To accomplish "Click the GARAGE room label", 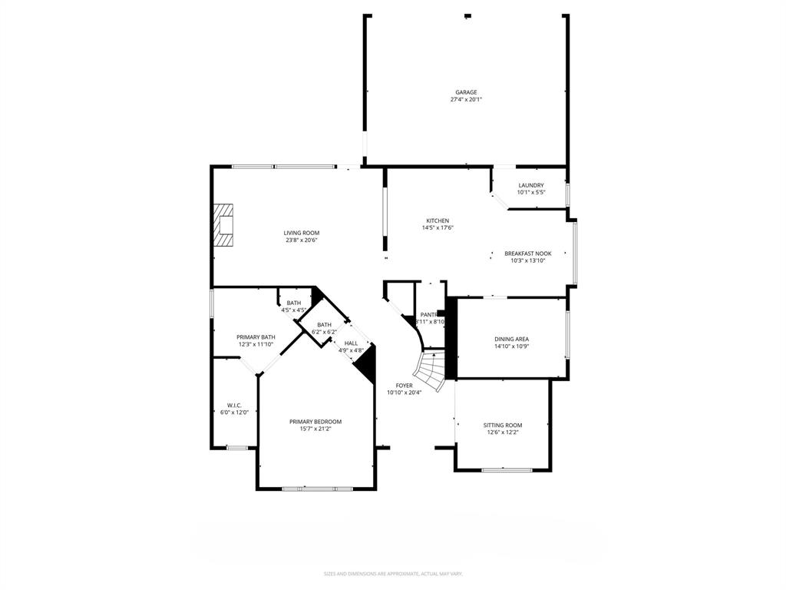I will (465, 92).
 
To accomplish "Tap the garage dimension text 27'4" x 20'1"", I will (465, 100).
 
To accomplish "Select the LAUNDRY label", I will (530, 185).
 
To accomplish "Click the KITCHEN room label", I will (438, 220).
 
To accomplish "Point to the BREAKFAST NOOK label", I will (527, 254).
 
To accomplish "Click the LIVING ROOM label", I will (301, 233).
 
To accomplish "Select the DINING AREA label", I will (511, 339).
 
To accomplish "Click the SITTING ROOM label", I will (502, 425).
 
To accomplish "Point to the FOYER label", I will (404, 386).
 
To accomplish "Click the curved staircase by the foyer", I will (431, 370).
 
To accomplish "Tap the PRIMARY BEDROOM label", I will (315, 421).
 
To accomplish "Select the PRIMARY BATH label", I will (256, 337).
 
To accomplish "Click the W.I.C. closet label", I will (234, 406).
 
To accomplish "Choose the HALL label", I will (351, 343).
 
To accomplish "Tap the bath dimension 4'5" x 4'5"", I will (293, 310).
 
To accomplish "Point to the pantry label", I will (428, 314).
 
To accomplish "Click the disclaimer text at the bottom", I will (392, 573).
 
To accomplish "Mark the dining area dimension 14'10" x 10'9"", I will (511, 346).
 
